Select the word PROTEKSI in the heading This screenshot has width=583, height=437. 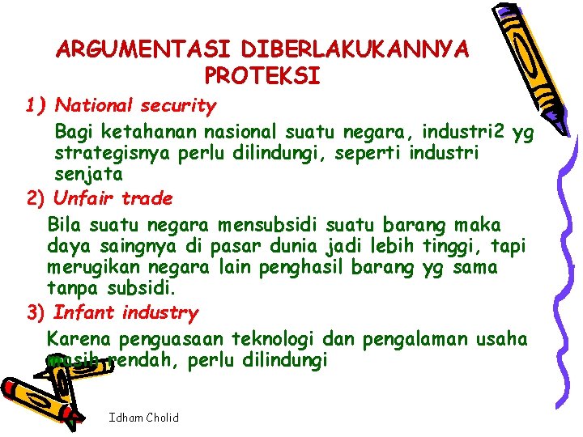[x=263, y=76]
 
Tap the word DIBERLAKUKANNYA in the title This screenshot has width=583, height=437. [x=350, y=49]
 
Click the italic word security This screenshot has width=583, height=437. [x=178, y=106]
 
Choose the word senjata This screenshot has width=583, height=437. [x=88, y=174]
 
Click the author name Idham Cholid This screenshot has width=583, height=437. [x=143, y=418]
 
